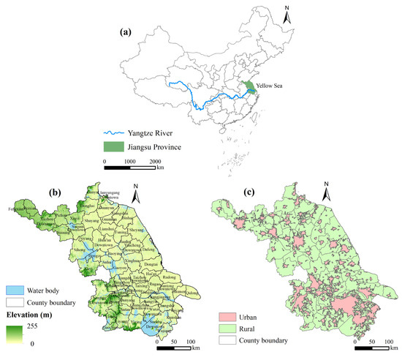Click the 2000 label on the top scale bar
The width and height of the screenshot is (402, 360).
point(155,159)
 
